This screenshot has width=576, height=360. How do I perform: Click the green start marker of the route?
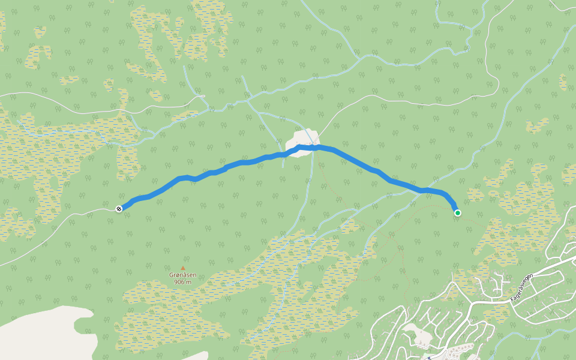[x=458, y=212]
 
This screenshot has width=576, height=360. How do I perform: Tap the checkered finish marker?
[x=119, y=208]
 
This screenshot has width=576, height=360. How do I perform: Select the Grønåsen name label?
[x=183, y=275]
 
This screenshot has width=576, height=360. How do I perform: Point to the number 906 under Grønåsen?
[x=179, y=282]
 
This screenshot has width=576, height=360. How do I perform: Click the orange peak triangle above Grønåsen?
[x=183, y=269]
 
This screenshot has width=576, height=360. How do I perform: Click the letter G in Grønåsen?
[x=172, y=275]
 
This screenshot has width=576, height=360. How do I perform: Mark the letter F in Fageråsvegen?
[x=511, y=298]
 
